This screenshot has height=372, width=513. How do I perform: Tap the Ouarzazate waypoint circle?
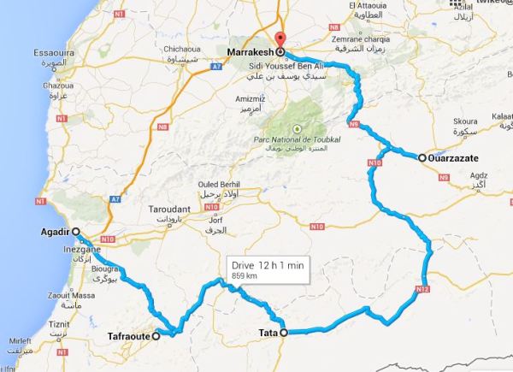tap(422, 158)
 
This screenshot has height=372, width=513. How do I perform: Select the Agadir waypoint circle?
tap(75, 232)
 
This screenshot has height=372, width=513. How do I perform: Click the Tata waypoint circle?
tap(284, 333)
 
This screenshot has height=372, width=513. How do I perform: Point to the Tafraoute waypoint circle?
tap(156, 337)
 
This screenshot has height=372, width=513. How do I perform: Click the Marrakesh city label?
tap(249, 52)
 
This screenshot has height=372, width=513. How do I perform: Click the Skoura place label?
tap(466, 121)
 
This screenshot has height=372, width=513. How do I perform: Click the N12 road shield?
tap(422, 290)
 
